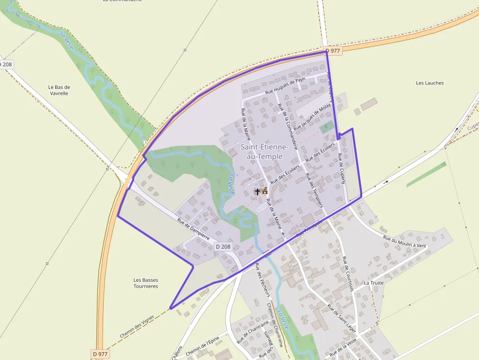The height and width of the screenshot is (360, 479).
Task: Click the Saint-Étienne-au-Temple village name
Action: [x=261, y=151]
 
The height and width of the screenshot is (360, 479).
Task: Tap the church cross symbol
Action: [x=258, y=191]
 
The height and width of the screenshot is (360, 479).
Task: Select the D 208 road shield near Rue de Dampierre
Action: [x=223, y=247]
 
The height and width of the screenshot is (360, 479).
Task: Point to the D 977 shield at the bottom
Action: [x=100, y=354]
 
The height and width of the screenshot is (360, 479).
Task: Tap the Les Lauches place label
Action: [x=430, y=83]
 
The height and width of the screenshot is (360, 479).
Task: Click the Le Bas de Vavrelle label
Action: [x=59, y=90]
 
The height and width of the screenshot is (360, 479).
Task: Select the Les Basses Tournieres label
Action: [x=146, y=283]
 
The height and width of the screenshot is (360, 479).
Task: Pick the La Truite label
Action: [x=373, y=283]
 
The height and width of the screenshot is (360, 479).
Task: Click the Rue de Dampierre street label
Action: [x=194, y=228]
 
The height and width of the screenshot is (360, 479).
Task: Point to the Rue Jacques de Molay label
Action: [x=312, y=117]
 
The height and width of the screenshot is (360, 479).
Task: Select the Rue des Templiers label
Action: [x=314, y=190]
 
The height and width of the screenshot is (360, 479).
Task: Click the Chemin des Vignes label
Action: [x=137, y=327]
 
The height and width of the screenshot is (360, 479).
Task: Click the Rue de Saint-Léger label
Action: [x=342, y=316]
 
